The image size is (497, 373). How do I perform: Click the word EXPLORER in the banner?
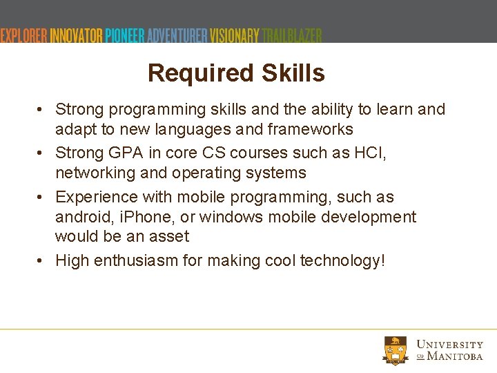pos(23,35)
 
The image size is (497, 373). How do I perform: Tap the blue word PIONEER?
pos(126,35)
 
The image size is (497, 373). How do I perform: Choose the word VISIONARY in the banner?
pos(235,35)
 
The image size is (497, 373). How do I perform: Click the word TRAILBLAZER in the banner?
pos(292,35)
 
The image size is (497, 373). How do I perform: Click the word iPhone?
pos(148,217)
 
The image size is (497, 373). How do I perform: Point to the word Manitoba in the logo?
pos(455,356)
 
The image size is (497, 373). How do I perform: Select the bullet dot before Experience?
pos(42,198)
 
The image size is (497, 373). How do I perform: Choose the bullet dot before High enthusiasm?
pos(42,261)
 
